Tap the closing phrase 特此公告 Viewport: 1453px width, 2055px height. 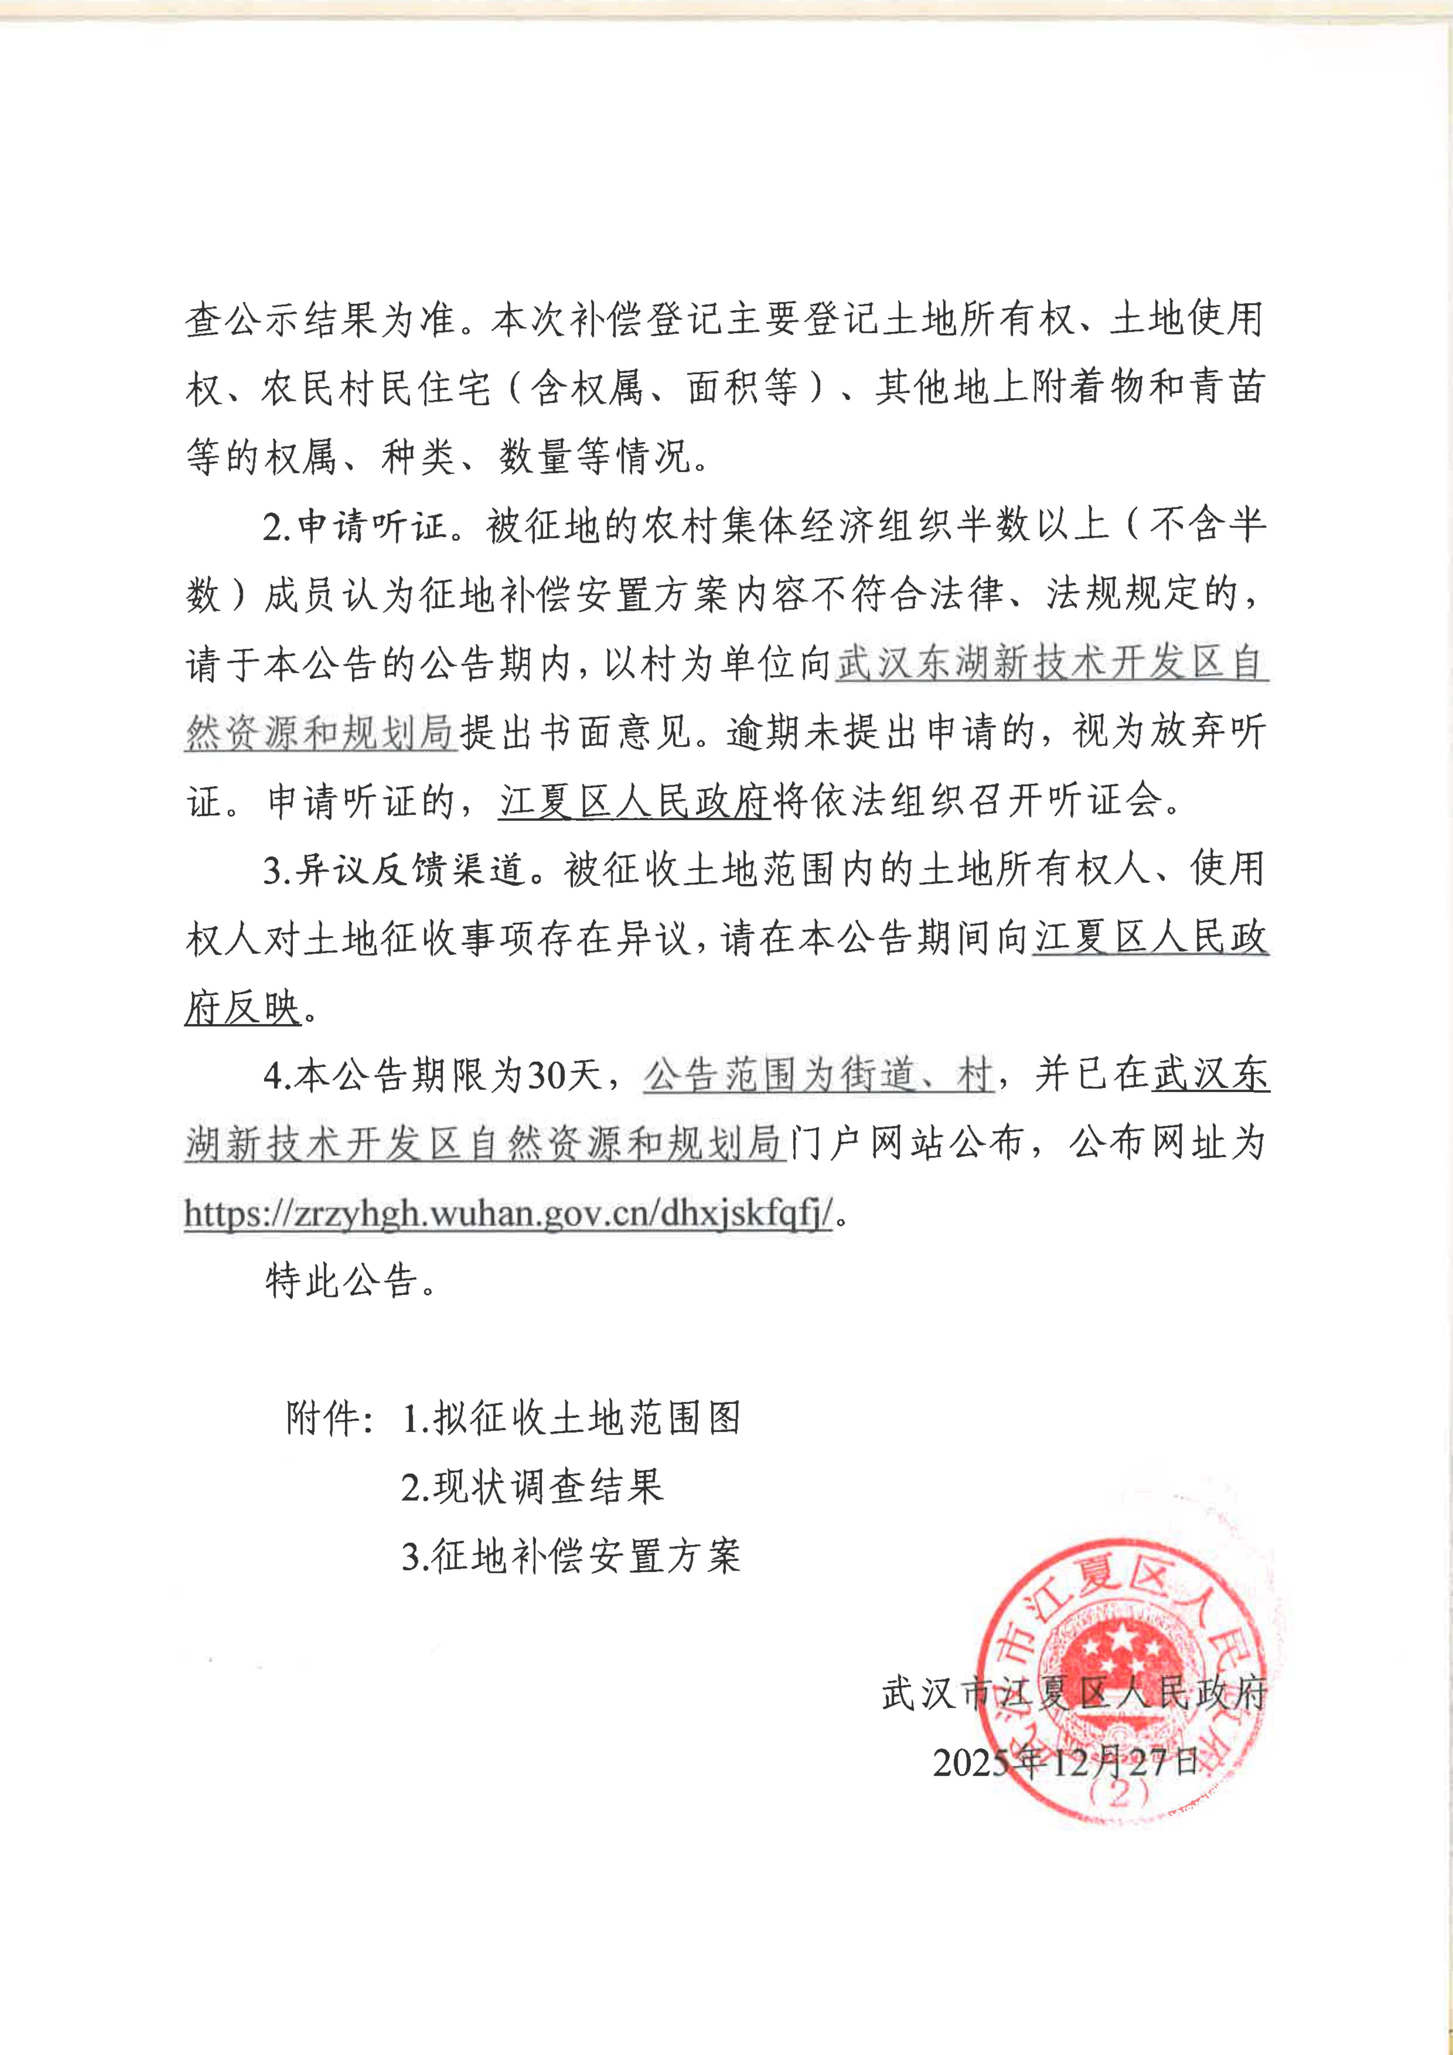(x=351, y=1282)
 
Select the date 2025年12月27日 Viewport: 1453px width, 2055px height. (x=1065, y=1761)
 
